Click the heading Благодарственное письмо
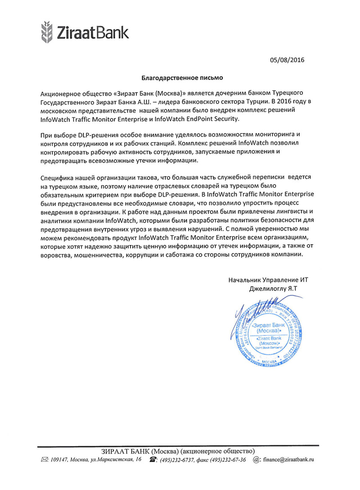tap(183, 78)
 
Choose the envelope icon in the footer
tap(44, 459)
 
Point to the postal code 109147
tap(60, 459)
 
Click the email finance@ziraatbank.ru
tap(288, 459)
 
